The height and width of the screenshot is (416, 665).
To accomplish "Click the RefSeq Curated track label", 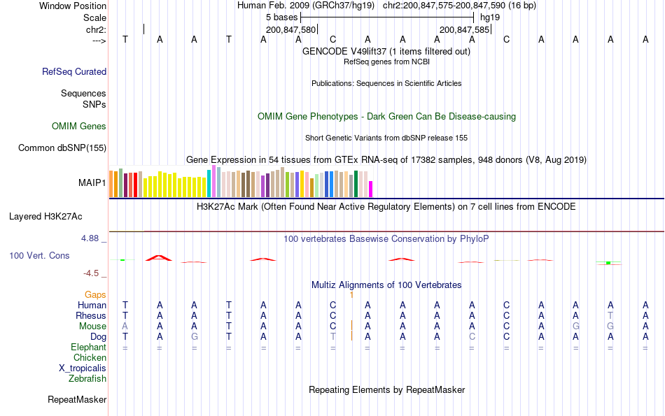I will click(x=74, y=71).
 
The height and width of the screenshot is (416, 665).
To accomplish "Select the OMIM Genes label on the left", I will click(x=79, y=127).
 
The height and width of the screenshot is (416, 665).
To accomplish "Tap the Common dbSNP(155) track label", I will click(x=62, y=148).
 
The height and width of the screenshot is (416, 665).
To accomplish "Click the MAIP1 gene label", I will click(x=92, y=183).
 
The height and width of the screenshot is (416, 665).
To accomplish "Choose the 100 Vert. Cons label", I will click(x=39, y=256).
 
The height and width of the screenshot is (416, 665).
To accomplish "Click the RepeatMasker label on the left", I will click(x=77, y=400).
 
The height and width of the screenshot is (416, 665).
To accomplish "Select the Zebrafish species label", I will click(x=87, y=379).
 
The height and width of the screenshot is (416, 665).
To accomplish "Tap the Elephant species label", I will click(x=88, y=347).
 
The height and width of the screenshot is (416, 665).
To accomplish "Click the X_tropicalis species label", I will click(x=83, y=368).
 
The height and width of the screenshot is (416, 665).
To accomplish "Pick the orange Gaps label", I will click(x=95, y=295).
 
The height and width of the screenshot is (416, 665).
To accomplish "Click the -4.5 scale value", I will click(x=94, y=273).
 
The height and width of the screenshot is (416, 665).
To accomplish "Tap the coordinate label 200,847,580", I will click(x=291, y=30).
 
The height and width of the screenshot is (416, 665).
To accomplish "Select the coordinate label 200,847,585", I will click(x=464, y=30).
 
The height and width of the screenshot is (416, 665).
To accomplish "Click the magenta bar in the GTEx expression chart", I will click(x=371, y=189).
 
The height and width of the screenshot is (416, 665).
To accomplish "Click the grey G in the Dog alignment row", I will click(x=194, y=337).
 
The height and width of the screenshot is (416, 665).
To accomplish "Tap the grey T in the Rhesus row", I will click(x=610, y=316).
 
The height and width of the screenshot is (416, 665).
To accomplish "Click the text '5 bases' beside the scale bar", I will click(x=281, y=17).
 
